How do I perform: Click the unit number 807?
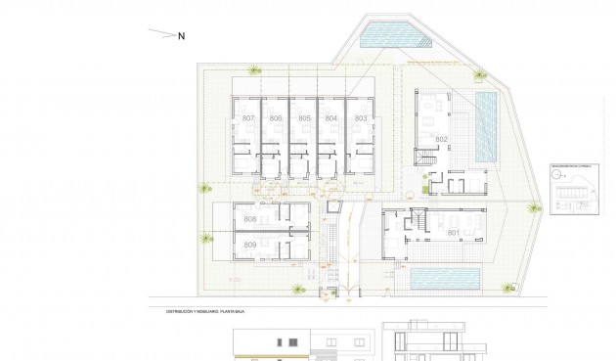click(x=248, y=118)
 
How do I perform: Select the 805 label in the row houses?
click(x=305, y=118)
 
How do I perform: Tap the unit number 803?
click(x=361, y=118)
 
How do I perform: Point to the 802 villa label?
click(x=441, y=140)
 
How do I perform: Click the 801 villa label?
click(x=453, y=233)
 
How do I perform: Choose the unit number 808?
click(x=250, y=219)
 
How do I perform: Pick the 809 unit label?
click(x=250, y=244)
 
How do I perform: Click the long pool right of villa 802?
click(x=485, y=127)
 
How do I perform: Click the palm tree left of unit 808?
click(x=203, y=188)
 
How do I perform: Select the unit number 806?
click(x=277, y=118)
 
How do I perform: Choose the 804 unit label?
click(x=332, y=118)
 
